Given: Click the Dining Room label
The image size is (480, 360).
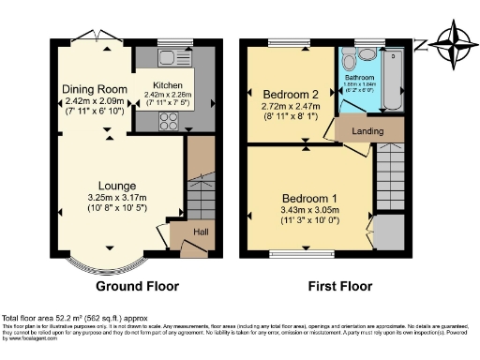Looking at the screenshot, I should point(95,89).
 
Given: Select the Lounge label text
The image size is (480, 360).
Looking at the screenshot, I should point(117,185).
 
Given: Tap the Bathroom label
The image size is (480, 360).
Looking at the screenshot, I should point(360,77).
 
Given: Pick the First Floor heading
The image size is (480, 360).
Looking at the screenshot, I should point(334,286).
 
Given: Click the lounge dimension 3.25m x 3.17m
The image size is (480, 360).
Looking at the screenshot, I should point(117,199).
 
